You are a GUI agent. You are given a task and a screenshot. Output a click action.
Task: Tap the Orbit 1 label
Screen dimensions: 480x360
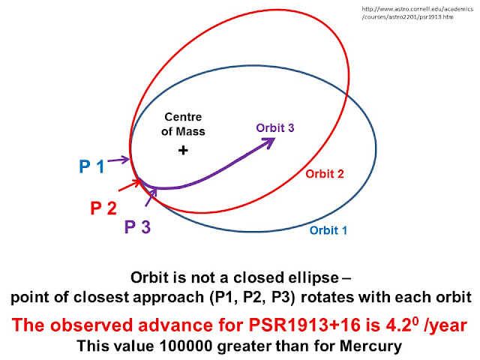(328, 230)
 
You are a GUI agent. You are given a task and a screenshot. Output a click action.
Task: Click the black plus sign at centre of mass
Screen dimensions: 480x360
(182, 150)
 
